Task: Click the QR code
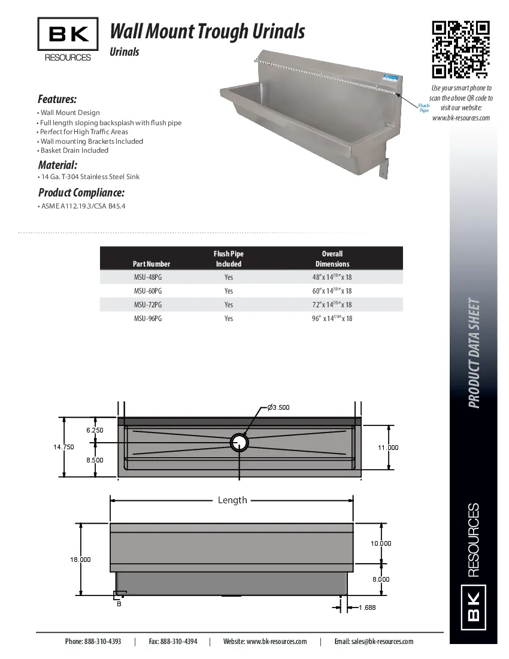[461, 50]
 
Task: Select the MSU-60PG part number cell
[148, 291]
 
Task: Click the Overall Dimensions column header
[332, 259]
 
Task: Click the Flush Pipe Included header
[229, 259]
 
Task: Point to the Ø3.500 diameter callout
[278, 407]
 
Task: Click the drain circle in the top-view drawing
[240, 442]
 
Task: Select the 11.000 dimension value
[387, 448]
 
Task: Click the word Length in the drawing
[232, 500]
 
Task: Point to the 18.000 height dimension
[80, 560]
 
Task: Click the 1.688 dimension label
[367, 607]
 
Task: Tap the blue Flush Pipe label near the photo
[424, 108]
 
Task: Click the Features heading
[57, 99]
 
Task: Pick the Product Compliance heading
[81, 193]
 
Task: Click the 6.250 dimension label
[95, 430]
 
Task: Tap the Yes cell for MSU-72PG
[229, 305]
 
